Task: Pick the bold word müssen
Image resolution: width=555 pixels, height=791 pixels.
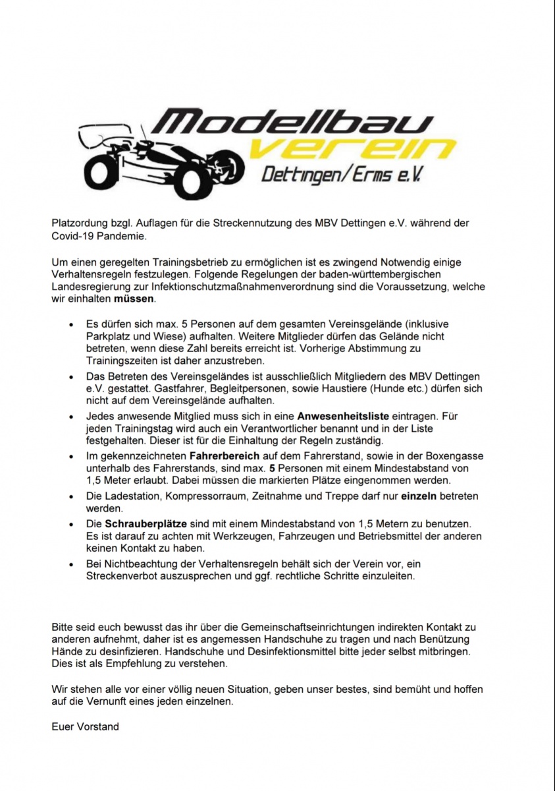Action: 134,299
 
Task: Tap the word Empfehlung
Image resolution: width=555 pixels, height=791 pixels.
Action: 118,663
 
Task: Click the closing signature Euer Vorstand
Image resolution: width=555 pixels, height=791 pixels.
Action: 85,727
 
